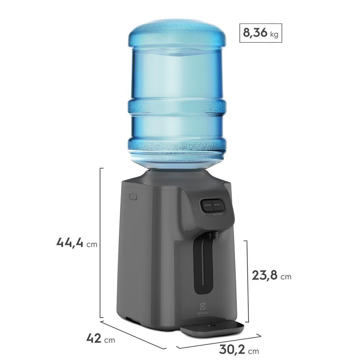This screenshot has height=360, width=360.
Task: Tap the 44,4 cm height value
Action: (x=70, y=242)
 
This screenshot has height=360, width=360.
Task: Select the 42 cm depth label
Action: (x=94, y=338)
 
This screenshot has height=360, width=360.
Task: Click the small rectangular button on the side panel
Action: (x=133, y=197)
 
